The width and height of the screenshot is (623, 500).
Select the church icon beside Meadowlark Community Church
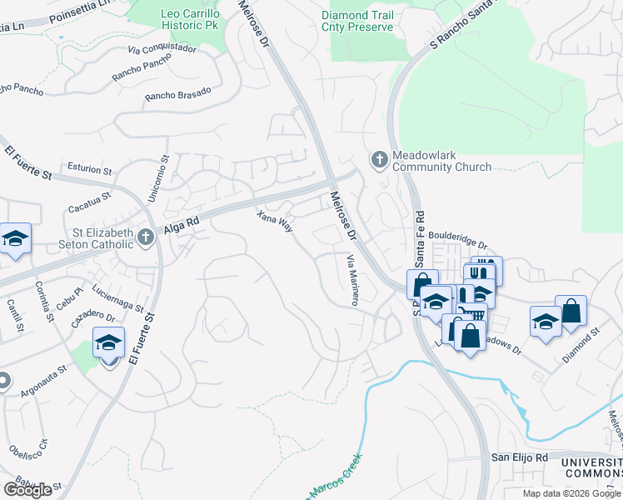point(379,159)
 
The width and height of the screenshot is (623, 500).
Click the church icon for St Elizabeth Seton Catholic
point(146,237)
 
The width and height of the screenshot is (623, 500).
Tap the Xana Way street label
point(275,222)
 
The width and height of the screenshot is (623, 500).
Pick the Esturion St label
point(84,168)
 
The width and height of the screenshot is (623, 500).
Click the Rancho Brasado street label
point(177,94)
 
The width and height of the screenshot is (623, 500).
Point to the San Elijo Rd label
point(518,457)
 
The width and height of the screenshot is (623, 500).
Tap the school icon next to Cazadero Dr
point(108,342)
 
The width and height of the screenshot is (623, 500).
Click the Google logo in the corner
point(27,489)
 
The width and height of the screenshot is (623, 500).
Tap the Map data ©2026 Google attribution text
point(571,493)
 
